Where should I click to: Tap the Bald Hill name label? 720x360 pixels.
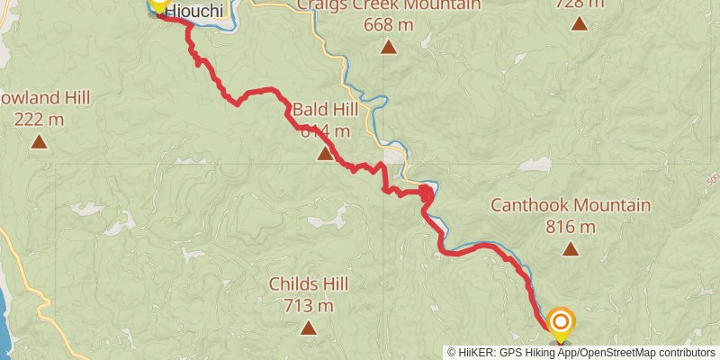pyautogui.click(x=325, y=110)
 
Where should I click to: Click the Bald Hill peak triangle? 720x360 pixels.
pyautogui.click(x=325, y=155)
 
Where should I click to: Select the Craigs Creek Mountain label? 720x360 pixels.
pyautogui.click(x=388, y=4)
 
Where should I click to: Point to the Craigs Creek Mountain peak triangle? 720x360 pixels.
pyautogui.click(x=388, y=47)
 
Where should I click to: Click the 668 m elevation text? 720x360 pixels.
pyautogui.click(x=388, y=24)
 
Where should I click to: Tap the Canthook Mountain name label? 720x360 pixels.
pyautogui.click(x=571, y=205)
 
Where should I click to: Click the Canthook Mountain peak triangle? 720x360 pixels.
pyautogui.click(x=571, y=250)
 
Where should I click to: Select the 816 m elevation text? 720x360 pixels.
pyautogui.click(x=571, y=227)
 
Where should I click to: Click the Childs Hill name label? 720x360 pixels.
pyautogui.click(x=309, y=284)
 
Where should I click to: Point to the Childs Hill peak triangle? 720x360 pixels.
pyautogui.click(x=309, y=328)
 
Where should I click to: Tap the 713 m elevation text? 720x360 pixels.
pyautogui.click(x=309, y=306)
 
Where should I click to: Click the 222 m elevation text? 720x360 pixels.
pyautogui.click(x=39, y=118)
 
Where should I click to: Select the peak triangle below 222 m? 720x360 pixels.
pyautogui.click(x=39, y=141)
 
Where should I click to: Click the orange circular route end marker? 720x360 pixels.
pyautogui.click(x=561, y=321)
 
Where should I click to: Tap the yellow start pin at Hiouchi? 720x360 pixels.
pyautogui.click(x=158, y=4)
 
